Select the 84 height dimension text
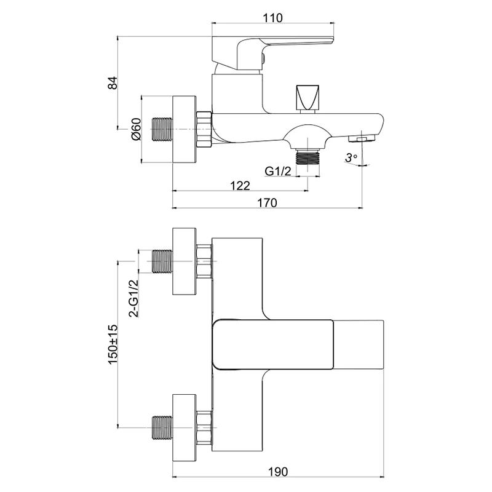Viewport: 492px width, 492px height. coord(113,84)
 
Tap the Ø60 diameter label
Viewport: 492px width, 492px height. coord(137,129)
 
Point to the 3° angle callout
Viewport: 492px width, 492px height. coord(351,158)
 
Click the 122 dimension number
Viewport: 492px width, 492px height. coord(239,185)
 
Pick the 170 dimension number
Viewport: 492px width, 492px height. coord(267,203)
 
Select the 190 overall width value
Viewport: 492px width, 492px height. coord(278,471)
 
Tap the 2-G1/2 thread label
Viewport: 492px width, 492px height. coord(132,296)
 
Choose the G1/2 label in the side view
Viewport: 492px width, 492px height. coord(277,170)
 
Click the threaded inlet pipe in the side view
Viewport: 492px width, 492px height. coord(161,130)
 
